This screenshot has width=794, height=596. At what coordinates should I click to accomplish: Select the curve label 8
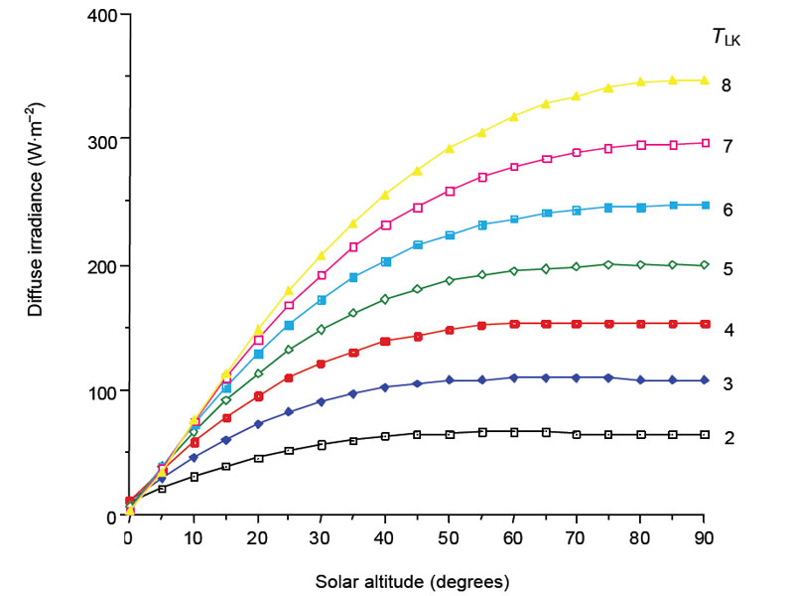[728, 85]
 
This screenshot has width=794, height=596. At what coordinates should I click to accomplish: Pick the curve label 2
[728, 437]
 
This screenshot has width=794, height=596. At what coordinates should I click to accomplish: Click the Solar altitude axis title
[415, 578]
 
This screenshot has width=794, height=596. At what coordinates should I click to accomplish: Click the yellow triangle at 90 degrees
[705, 79]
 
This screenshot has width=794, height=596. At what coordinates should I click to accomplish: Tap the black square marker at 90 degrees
[705, 435]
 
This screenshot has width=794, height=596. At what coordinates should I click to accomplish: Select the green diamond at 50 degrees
[450, 280]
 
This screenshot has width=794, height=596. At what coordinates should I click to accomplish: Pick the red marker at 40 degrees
[385, 342]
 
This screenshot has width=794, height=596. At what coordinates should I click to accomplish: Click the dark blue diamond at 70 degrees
[577, 377]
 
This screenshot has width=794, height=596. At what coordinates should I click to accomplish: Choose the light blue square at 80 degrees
[641, 207]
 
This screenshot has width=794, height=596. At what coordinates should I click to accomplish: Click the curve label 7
[728, 146]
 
